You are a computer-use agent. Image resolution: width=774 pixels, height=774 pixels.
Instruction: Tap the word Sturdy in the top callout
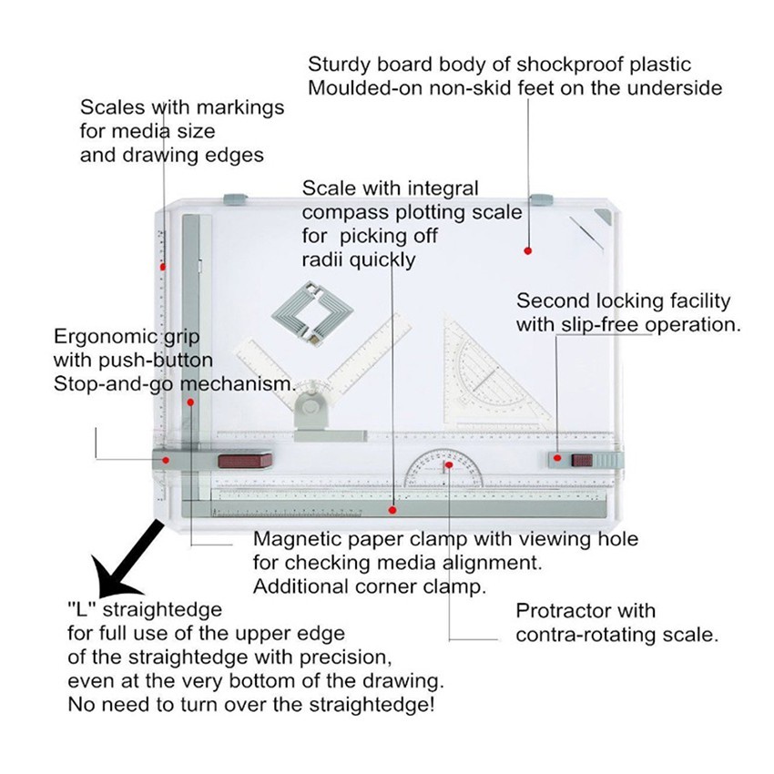(x=337, y=65)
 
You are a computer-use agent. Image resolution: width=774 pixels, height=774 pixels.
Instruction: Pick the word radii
(x=324, y=260)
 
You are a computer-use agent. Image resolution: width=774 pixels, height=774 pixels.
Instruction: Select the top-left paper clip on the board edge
(x=236, y=198)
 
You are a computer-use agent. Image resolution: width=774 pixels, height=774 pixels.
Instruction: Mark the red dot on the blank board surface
(x=526, y=249)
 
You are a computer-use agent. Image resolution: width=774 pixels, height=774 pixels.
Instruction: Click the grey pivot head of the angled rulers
(x=315, y=404)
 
